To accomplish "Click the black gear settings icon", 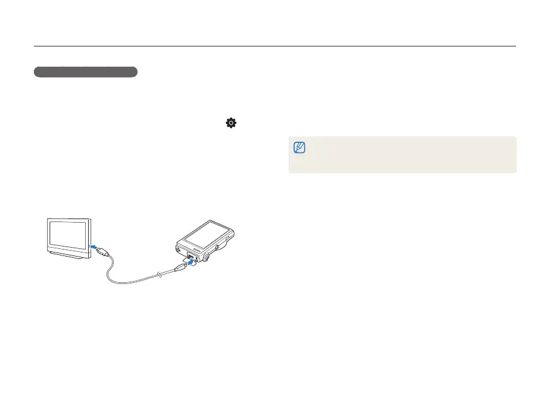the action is [x=230, y=123].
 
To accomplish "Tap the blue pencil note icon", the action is [x=299, y=147].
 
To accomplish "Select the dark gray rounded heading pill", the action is [x=86, y=72].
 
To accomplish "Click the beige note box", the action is [x=402, y=155].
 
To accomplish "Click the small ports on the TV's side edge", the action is [x=90, y=238].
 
